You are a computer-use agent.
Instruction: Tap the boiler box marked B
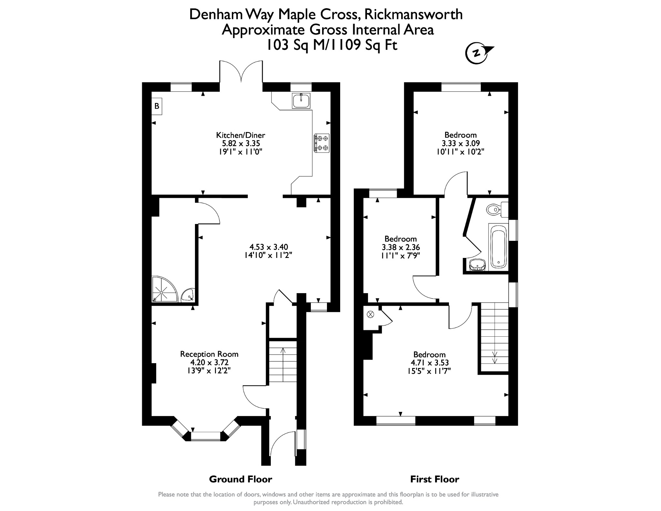[157, 106]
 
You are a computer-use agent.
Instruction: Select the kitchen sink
[301, 100]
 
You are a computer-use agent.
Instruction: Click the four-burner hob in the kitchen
[321, 143]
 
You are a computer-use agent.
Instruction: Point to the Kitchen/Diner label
[240, 135]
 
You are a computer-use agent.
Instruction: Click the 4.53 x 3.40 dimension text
[269, 247]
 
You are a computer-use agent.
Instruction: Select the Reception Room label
[209, 354]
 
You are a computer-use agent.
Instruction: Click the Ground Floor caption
[240, 479]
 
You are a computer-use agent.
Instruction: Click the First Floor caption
[434, 479]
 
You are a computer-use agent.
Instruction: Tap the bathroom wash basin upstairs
[477, 264]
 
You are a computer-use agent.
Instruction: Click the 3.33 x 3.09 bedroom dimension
[461, 143]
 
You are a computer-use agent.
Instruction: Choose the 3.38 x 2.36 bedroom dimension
[401, 247]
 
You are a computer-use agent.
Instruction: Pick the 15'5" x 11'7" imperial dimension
[429, 371]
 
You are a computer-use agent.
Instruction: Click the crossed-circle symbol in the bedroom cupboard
[370, 314]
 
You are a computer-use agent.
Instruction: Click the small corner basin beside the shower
[188, 295]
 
